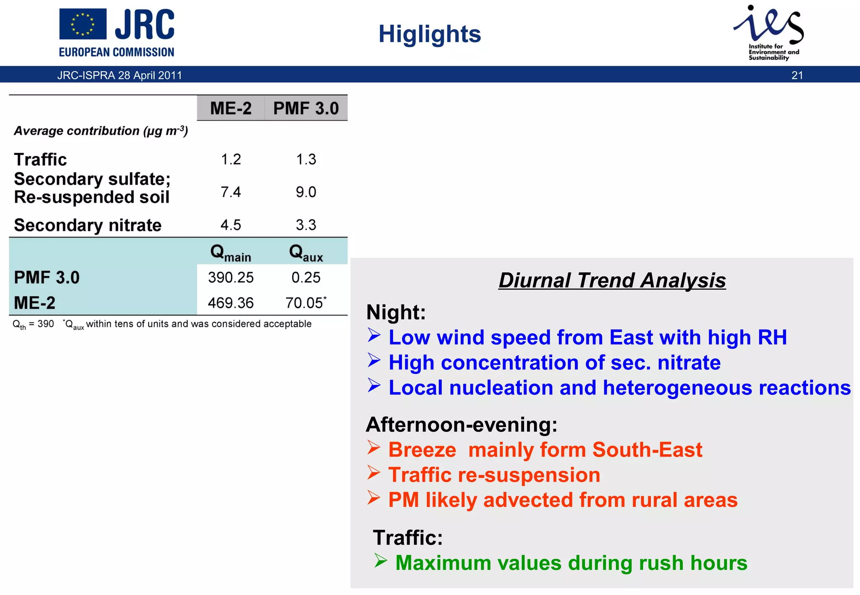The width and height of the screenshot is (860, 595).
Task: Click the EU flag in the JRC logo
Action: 83,24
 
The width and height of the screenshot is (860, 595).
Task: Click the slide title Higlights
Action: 430,34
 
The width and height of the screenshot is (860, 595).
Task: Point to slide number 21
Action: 797,76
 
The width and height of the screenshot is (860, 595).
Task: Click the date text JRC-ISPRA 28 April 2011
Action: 120,76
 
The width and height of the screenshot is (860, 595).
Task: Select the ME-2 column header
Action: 231,109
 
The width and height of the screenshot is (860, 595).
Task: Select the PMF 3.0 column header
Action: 306,109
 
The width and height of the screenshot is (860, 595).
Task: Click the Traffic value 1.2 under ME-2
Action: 231,159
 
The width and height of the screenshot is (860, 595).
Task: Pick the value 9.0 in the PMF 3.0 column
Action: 306,192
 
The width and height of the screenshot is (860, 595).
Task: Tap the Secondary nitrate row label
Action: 88,225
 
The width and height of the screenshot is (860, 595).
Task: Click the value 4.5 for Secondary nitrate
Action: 231,225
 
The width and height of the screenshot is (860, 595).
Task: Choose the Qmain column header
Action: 231,253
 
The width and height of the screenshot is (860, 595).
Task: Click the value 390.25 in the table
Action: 231,278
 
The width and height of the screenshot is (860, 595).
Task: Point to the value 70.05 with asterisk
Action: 305,303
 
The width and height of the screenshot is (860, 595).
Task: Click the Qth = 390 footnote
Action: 33,324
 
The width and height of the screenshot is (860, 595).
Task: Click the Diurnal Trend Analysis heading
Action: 612,280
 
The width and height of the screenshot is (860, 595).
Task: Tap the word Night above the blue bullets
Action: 395,312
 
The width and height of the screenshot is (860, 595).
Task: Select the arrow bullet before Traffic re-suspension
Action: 374,473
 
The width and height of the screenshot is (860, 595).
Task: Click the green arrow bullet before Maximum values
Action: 380,561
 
